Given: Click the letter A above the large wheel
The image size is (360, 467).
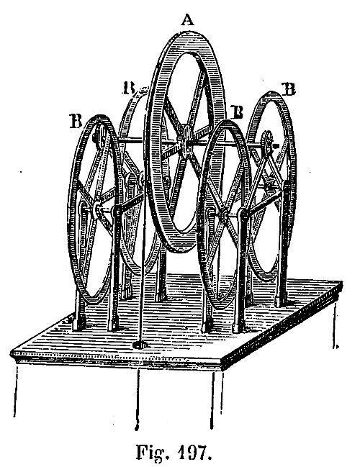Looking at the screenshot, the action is pyautogui.click(x=188, y=20).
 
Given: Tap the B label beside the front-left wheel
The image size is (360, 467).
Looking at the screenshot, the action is pyautogui.click(x=76, y=121).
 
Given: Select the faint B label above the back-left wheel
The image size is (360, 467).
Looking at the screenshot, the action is pyautogui.click(x=129, y=89).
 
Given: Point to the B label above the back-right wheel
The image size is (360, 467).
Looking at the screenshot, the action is pyautogui.click(x=288, y=89).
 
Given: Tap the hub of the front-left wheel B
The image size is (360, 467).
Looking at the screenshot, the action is pyautogui.click(x=97, y=210).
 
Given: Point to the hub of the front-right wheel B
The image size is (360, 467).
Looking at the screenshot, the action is pyautogui.click(x=224, y=214).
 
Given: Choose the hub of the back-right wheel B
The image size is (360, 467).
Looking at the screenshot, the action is pyautogui.click(x=267, y=142).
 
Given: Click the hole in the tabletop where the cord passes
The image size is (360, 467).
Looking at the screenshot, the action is pyautogui.click(x=140, y=345).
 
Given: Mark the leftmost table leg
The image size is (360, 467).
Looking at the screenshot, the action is pyautogui.click(x=16, y=391).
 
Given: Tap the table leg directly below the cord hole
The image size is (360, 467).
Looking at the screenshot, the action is pyautogui.click(x=138, y=399).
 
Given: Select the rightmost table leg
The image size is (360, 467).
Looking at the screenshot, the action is pyautogui.click(x=335, y=325).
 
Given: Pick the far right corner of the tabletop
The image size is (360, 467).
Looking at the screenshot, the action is pyautogui.click(x=341, y=283).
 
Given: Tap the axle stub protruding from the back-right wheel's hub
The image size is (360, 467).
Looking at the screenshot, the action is pyautogui.click(x=276, y=146).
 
